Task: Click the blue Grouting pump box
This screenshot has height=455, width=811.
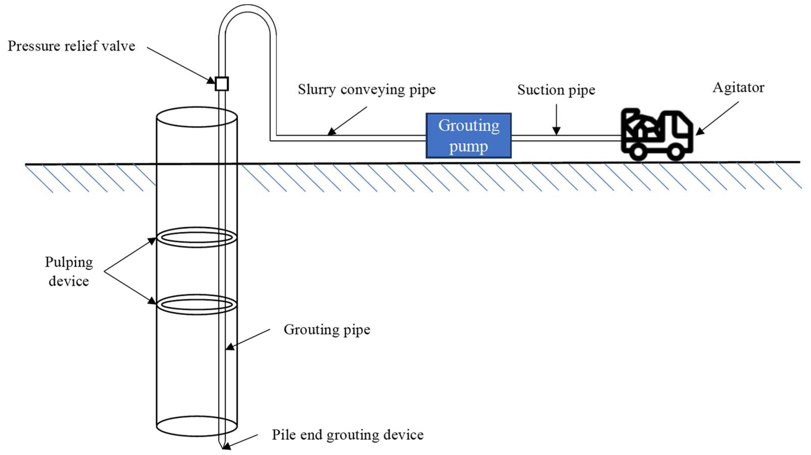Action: tap(469, 135)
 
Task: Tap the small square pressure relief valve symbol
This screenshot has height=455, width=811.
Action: tap(222, 84)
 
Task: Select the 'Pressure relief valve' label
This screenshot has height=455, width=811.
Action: tap(71, 46)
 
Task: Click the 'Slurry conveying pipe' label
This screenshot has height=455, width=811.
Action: tap(367, 89)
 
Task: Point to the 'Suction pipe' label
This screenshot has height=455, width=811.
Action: tap(556, 90)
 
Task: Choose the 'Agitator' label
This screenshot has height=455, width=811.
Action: tap(738, 88)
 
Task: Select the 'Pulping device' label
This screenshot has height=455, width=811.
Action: tap(69, 271)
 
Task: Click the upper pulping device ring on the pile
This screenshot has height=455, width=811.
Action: tap(197, 237)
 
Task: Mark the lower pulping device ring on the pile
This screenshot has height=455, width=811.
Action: tap(197, 305)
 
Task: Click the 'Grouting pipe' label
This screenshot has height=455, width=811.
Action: tap(327, 330)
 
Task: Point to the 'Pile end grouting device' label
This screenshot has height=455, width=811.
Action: tap(347, 435)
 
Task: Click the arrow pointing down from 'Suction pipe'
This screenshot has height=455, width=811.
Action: tap(556, 120)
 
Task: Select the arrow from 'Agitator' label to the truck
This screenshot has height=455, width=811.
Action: tap(717, 118)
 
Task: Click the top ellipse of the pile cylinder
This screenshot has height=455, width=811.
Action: tap(197, 117)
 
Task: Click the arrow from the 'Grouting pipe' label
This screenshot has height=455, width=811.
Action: tap(248, 339)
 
